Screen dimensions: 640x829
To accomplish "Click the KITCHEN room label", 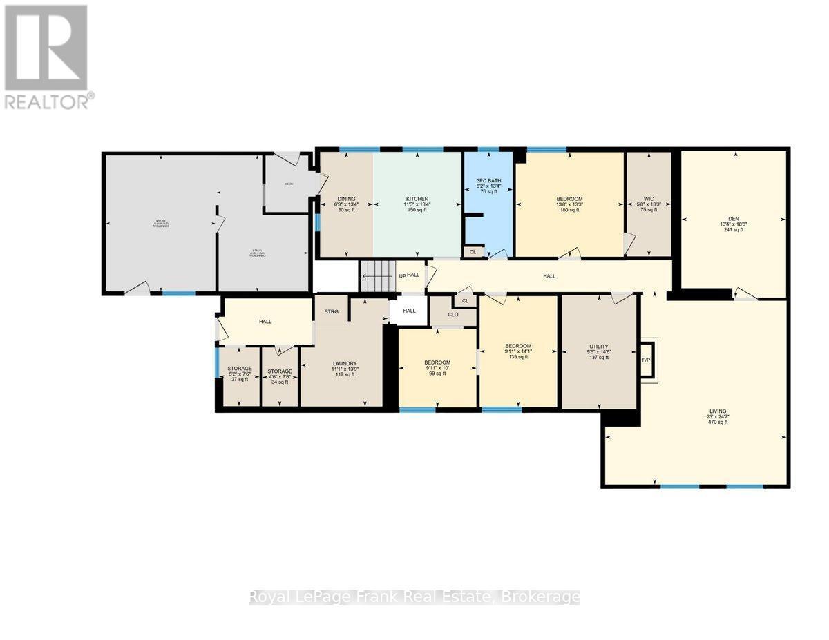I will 417,199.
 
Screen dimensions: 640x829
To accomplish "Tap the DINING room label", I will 346,199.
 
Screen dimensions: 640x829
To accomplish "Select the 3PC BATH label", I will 488,181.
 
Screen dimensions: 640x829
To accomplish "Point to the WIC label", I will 648,199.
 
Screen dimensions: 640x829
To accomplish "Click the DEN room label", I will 733,218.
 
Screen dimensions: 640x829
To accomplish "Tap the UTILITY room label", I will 598,346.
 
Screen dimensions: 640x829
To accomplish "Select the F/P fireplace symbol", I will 647,360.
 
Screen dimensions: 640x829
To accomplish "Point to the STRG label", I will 331,312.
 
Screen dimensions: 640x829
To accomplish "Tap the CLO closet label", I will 453,315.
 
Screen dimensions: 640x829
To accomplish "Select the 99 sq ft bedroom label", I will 437,363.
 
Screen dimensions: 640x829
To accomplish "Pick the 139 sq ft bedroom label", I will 518,346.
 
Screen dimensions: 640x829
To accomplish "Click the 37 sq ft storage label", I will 240,369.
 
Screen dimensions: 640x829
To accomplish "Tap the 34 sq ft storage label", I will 280,371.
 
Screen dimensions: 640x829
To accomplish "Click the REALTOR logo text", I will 47,101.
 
